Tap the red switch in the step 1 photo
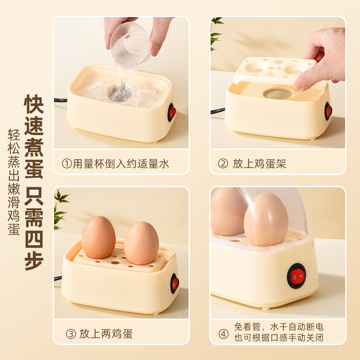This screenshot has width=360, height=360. [x=172, y=112]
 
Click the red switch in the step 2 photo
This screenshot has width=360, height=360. [x=328, y=111]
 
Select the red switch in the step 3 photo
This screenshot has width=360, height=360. [x=175, y=283]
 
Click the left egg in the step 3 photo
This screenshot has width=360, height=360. [x=99, y=237]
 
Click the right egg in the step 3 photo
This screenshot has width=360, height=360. [x=141, y=243]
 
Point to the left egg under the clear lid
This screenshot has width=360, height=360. [x=227, y=211]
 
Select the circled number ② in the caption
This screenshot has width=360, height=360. [x=223, y=164]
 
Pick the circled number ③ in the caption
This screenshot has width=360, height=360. [x=71, y=334]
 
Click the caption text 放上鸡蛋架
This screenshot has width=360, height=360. [x=259, y=164]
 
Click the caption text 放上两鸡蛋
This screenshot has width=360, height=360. [x=106, y=334]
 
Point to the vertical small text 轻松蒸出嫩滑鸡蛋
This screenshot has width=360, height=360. [x=13, y=182]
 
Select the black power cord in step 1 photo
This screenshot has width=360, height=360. [x=60, y=100]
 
